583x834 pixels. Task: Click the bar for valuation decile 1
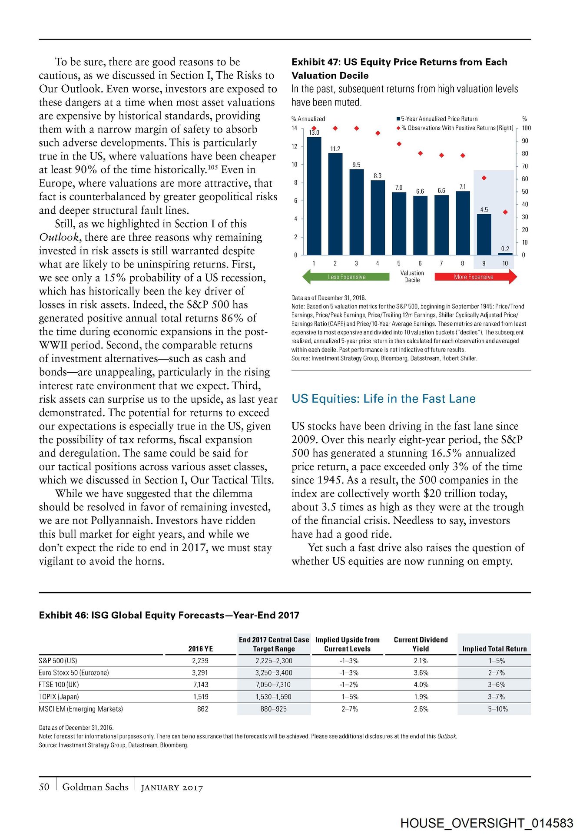pos(314,195)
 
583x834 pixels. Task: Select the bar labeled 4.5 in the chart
pos(484,234)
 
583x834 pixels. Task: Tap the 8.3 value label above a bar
pos(378,176)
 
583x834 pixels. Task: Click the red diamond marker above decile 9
pos(484,178)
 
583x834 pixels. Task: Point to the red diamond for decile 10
pos(505,212)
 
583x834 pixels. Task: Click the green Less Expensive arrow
pos(346,277)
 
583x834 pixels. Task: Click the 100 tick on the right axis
pos(526,128)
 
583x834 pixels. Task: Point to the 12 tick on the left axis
pos(295,146)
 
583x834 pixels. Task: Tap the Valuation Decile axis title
pos(412,276)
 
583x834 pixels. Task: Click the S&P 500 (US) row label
pos(58,661)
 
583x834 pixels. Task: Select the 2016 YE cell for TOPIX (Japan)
pos(201,697)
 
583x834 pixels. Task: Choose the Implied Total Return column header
pos(494,649)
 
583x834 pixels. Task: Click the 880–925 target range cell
pos(274,709)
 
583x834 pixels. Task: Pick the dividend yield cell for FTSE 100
pos(421,685)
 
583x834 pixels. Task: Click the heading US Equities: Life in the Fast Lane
pos(384,399)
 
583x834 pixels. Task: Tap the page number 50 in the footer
pos(44,787)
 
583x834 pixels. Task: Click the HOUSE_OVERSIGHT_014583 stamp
pos(487,823)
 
